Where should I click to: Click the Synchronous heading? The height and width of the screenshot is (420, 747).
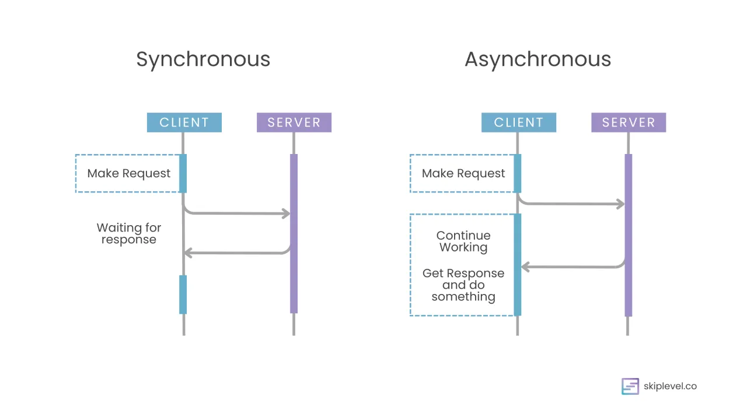(x=203, y=60)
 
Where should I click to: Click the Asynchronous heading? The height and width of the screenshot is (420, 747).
(x=537, y=60)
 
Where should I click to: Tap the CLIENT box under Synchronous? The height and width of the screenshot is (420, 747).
(x=184, y=123)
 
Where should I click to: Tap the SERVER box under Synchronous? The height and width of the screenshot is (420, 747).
(x=294, y=123)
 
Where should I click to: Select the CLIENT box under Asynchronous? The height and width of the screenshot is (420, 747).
(x=518, y=123)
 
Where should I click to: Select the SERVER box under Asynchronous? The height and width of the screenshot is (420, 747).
(x=628, y=123)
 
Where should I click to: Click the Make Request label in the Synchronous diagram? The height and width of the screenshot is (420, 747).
(x=128, y=173)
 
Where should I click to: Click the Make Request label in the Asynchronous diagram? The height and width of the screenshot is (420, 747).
(x=463, y=173)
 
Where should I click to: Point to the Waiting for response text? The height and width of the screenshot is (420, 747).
(x=128, y=233)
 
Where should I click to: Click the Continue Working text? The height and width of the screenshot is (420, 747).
(x=463, y=242)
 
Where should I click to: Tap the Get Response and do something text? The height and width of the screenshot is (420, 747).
(x=463, y=285)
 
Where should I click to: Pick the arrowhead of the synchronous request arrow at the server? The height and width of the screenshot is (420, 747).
(x=287, y=213)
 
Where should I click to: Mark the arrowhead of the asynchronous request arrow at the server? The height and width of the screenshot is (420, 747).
(x=621, y=204)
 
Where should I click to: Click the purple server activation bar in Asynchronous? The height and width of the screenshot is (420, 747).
(x=628, y=233)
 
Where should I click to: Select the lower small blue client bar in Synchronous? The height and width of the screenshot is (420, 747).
(x=183, y=295)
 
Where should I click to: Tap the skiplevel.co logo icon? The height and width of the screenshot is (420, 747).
(x=630, y=386)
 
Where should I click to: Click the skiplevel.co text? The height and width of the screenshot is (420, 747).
(x=670, y=386)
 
